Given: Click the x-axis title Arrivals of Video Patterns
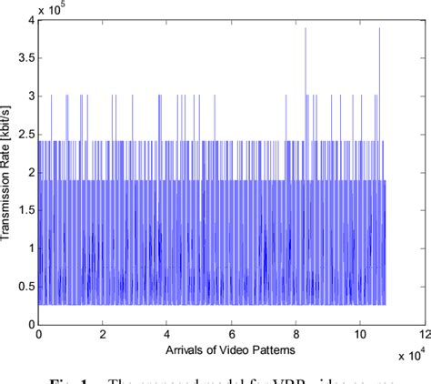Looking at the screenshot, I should [231, 349].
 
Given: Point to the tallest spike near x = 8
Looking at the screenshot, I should [306, 29].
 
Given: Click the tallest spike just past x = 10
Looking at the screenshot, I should [379, 29].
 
